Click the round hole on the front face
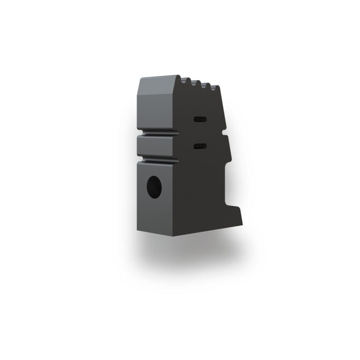click(154, 187)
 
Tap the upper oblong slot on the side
click(199, 119)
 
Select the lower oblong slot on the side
click(200, 147)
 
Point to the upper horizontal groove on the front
click(157, 132)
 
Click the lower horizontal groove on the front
click(157, 159)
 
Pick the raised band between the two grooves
click(157, 146)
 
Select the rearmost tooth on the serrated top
click(216, 87)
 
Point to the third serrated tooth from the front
click(205, 84)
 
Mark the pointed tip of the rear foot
click(243, 223)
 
